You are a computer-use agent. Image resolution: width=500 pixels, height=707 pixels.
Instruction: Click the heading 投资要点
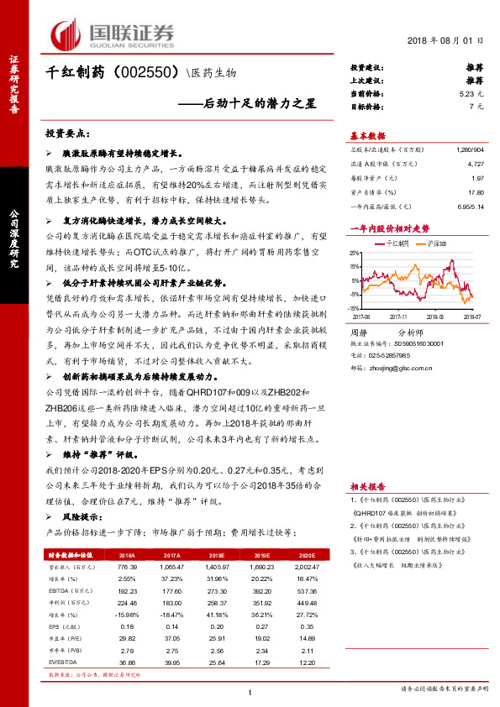66,134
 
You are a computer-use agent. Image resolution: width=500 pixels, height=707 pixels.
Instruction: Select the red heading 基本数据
367,136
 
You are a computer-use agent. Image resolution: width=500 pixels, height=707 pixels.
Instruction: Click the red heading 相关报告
367,486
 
